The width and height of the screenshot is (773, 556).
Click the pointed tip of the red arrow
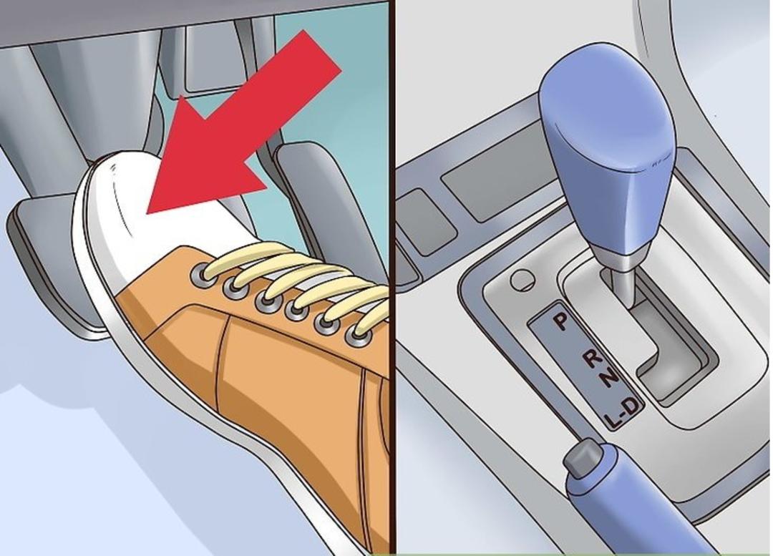147,215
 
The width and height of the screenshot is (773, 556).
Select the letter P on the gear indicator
560,321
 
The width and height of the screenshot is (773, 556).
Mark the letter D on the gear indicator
633,406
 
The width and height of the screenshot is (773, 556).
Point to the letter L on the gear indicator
613,420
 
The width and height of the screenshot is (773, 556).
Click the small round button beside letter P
522,280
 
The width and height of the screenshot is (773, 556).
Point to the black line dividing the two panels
393,276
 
